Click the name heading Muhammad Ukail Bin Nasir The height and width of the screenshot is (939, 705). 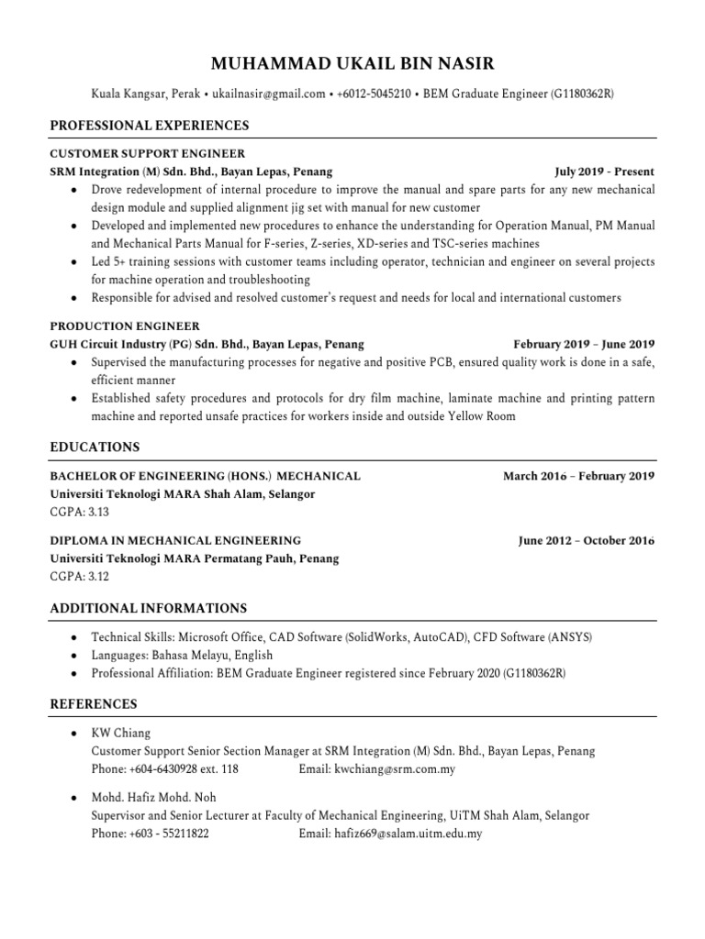352,63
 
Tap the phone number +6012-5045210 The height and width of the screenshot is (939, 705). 375,94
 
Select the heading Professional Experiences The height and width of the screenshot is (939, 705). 149,125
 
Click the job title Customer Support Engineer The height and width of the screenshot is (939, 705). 147,154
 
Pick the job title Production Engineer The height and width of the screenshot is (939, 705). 124,326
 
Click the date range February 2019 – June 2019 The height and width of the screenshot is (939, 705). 584,344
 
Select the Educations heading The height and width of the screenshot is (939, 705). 95,447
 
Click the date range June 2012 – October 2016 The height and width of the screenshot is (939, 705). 586,541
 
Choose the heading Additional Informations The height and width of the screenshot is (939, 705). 148,608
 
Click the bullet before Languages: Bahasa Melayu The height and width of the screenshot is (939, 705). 73,655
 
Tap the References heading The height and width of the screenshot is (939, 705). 94,704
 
